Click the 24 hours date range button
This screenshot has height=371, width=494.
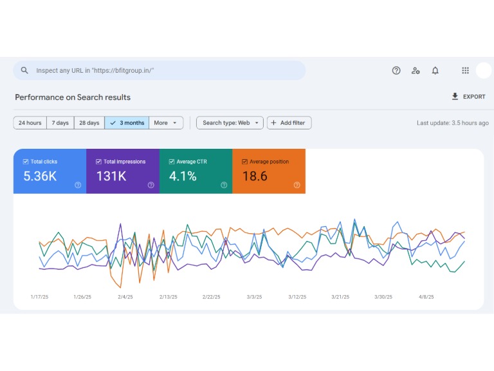[30, 123]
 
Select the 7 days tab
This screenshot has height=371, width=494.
[60, 123]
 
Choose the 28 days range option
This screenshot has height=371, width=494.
[89, 123]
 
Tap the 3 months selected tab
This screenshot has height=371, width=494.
[127, 123]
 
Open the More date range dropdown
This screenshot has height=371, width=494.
[166, 123]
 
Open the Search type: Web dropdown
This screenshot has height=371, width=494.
[230, 123]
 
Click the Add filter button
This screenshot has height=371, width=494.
[289, 123]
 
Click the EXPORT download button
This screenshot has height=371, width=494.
[468, 97]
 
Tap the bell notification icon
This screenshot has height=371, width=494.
[435, 71]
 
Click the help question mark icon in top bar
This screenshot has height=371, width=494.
[396, 71]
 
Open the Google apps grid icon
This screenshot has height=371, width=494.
[465, 71]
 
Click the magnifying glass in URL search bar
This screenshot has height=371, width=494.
[24, 70]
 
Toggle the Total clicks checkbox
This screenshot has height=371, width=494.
[26, 162]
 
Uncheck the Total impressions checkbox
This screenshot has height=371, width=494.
[98, 162]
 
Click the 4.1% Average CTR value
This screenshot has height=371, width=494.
[183, 176]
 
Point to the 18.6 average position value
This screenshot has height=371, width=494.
[255, 176]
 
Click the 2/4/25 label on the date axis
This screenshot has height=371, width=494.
[125, 297]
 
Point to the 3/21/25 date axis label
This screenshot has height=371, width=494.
[340, 297]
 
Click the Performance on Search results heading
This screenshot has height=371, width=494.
[73, 97]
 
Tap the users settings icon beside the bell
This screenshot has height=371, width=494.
[416, 71]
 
